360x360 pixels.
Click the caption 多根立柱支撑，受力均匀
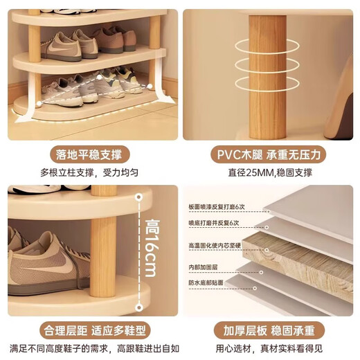90,172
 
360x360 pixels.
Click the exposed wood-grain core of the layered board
305,256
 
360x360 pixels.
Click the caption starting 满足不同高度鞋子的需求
90,348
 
